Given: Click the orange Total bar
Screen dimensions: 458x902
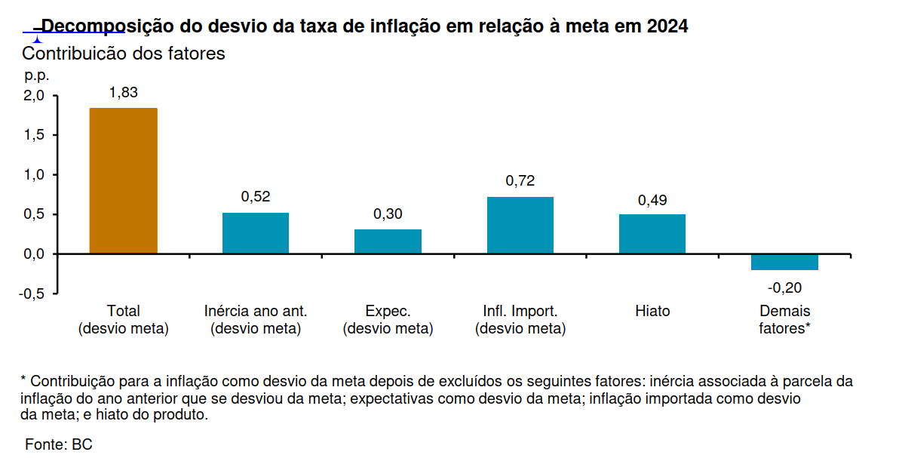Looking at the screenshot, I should (x=124, y=181).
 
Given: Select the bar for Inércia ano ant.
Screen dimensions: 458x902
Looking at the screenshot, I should (x=256, y=233).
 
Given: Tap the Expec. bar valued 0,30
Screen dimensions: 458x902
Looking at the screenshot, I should (x=388, y=241).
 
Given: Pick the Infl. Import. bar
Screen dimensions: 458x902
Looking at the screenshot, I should (x=520, y=225).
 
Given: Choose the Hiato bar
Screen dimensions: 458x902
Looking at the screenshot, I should (x=652, y=234).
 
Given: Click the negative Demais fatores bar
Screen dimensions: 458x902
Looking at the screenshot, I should (x=784, y=262).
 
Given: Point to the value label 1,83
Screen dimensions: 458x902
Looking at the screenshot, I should (x=124, y=92).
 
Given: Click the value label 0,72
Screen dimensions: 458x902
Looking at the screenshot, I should (x=520, y=181).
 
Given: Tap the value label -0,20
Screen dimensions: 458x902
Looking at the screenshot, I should (x=784, y=287).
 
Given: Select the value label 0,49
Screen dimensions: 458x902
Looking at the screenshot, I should (x=652, y=200).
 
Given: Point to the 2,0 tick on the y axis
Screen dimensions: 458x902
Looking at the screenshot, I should (x=35, y=96).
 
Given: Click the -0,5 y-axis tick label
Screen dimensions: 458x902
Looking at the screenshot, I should (x=32, y=294).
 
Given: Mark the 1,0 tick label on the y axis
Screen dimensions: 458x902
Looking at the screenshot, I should (x=35, y=175).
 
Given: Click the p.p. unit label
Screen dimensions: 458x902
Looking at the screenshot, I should (x=36, y=75).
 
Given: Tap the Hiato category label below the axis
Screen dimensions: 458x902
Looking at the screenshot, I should (x=652, y=311).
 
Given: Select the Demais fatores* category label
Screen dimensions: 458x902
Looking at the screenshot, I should (x=784, y=320).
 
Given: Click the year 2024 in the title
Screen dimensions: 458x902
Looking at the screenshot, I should (x=667, y=26).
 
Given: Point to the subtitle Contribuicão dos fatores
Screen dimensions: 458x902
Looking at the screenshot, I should (x=124, y=54).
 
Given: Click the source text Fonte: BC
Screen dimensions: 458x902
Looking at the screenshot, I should (x=59, y=444).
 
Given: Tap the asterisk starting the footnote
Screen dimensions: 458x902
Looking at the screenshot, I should (x=24, y=380).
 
